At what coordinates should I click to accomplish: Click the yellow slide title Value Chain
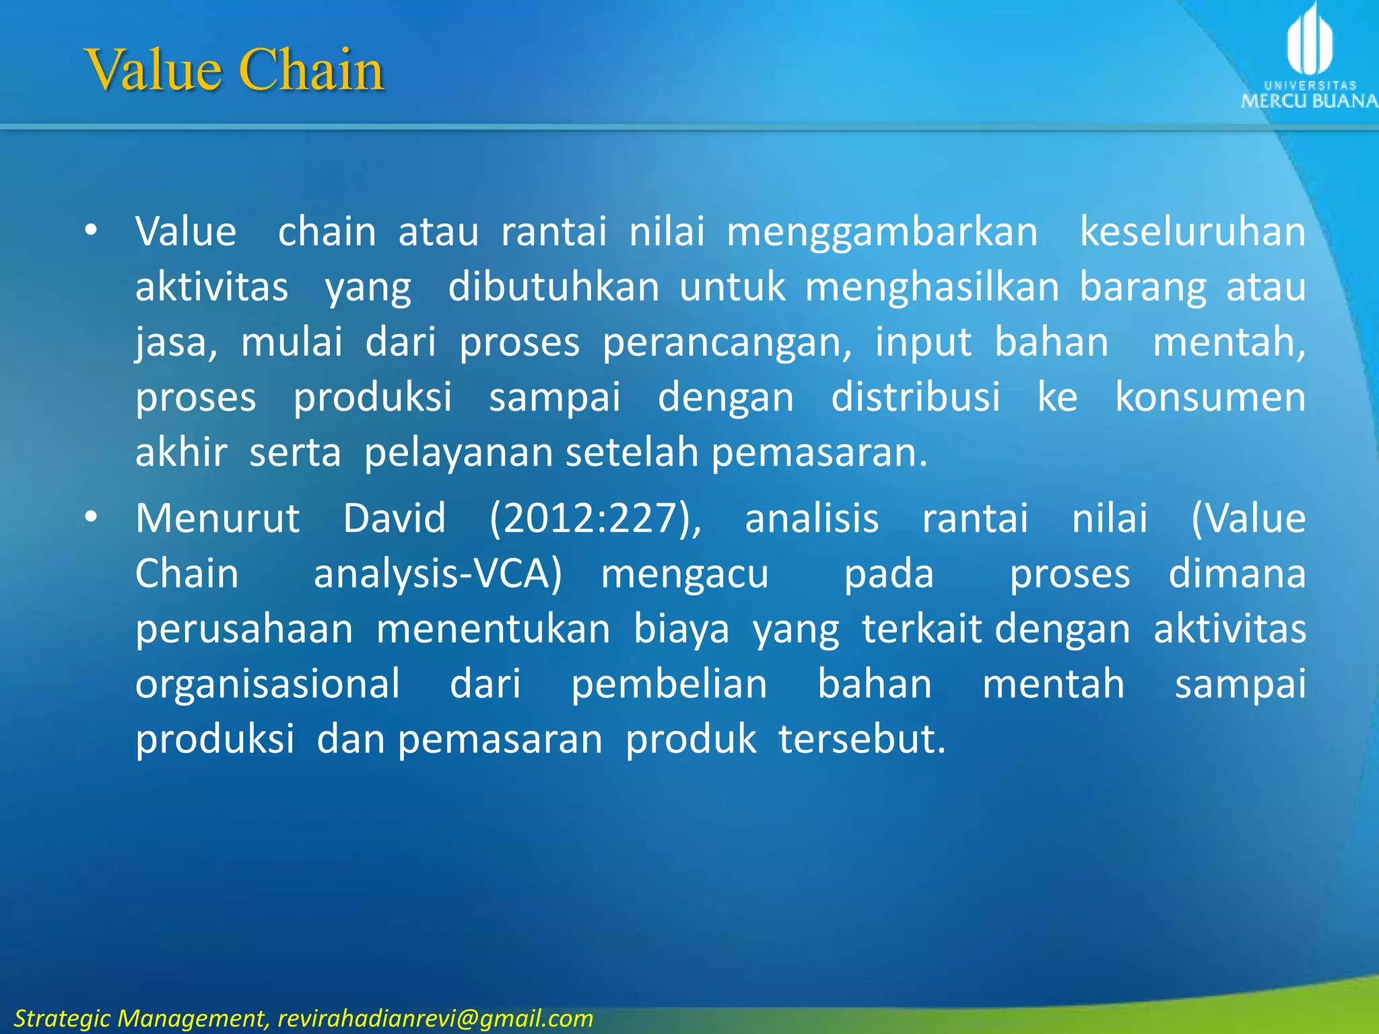point(234,69)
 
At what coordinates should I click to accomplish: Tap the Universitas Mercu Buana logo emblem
point(1309,40)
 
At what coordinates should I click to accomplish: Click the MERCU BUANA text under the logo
point(1309,102)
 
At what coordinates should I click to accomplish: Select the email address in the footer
point(435,1019)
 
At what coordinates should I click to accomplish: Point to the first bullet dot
point(91,231)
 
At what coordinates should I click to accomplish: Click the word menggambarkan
point(882,232)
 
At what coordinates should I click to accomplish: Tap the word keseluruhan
point(1192,232)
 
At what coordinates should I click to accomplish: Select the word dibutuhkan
point(553,287)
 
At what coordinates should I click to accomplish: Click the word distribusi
point(916,397)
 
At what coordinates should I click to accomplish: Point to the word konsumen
point(1210,397)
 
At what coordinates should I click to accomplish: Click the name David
point(395,518)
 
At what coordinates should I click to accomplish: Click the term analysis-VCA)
point(438,574)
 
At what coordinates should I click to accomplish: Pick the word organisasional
point(268,685)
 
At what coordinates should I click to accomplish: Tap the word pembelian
point(669,685)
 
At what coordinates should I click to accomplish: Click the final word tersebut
point(862,739)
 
